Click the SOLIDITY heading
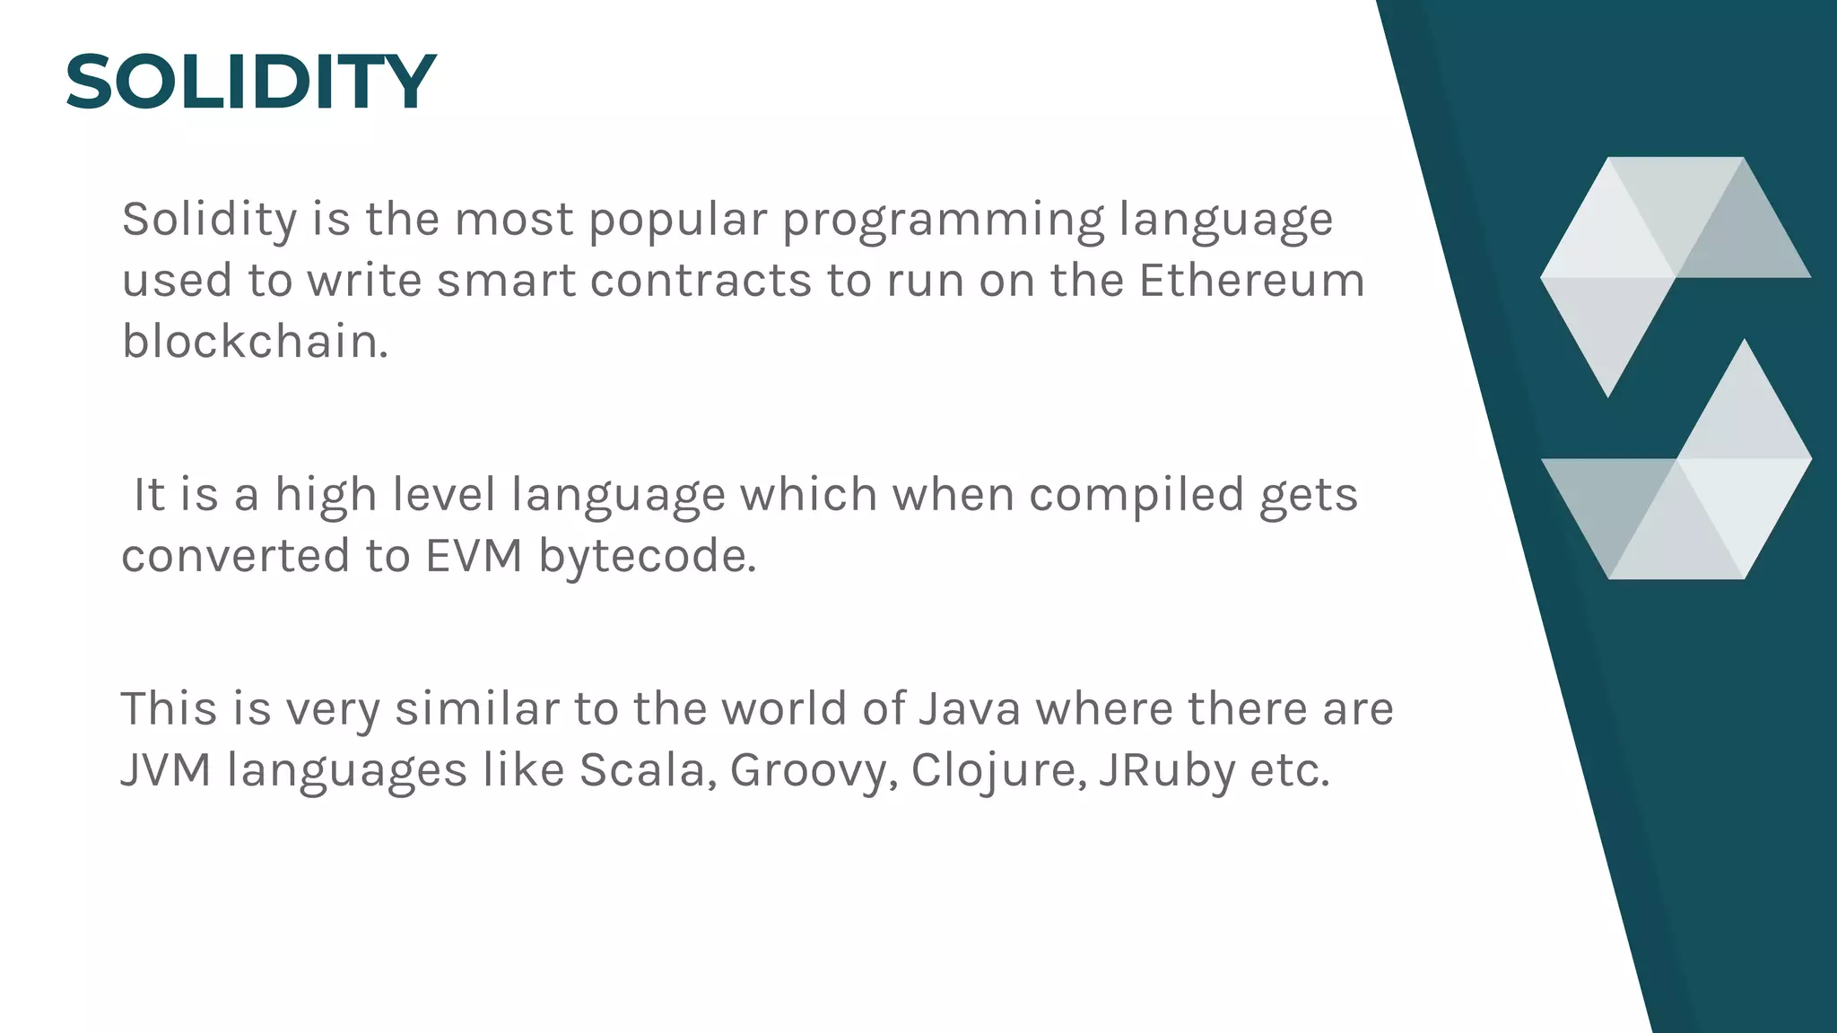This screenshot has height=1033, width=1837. pyautogui.click(x=250, y=82)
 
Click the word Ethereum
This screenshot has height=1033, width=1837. pyautogui.click(x=1252, y=280)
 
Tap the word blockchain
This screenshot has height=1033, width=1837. pyautogui.click(x=255, y=342)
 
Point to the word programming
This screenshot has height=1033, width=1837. pyautogui.click(x=944, y=220)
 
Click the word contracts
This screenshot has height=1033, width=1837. pyautogui.click(x=701, y=280)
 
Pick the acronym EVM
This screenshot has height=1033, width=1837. pyautogui.click(x=474, y=555)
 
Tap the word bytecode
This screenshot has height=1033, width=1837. pyautogui.click(x=647, y=557)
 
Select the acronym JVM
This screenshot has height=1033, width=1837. pyautogui.click(x=166, y=769)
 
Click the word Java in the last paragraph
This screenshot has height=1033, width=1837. pyautogui.click(x=970, y=708)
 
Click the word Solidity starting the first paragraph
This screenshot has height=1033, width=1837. pyautogui.click(x=210, y=220)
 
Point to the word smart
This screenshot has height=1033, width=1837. pyautogui.click(x=506, y=280)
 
